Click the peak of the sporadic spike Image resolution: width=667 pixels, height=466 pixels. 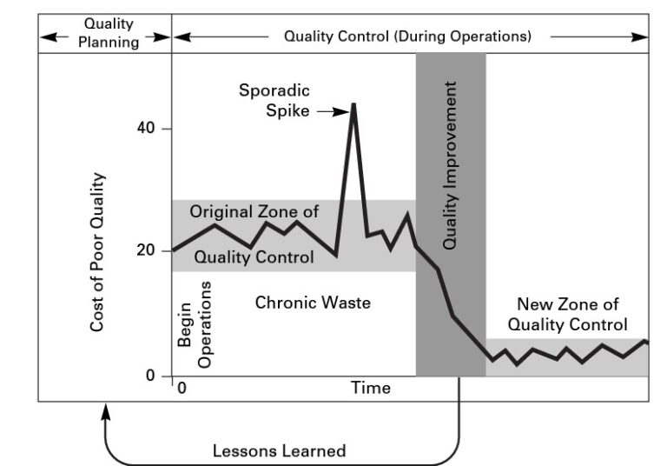[353, 104]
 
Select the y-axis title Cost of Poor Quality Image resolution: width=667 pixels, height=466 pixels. [98, 252]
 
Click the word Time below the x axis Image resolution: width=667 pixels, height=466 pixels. [370, 388]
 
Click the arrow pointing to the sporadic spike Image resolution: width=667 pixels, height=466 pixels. [331, 111]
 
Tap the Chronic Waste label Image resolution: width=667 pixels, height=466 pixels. [313, 303]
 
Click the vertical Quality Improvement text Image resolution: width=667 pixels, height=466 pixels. [450, 165]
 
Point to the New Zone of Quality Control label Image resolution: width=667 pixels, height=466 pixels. [567, 315]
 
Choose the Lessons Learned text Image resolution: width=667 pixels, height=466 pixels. [280, 451]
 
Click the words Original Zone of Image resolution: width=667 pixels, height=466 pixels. [254, 211]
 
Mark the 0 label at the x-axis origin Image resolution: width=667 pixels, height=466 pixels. [182, 388]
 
